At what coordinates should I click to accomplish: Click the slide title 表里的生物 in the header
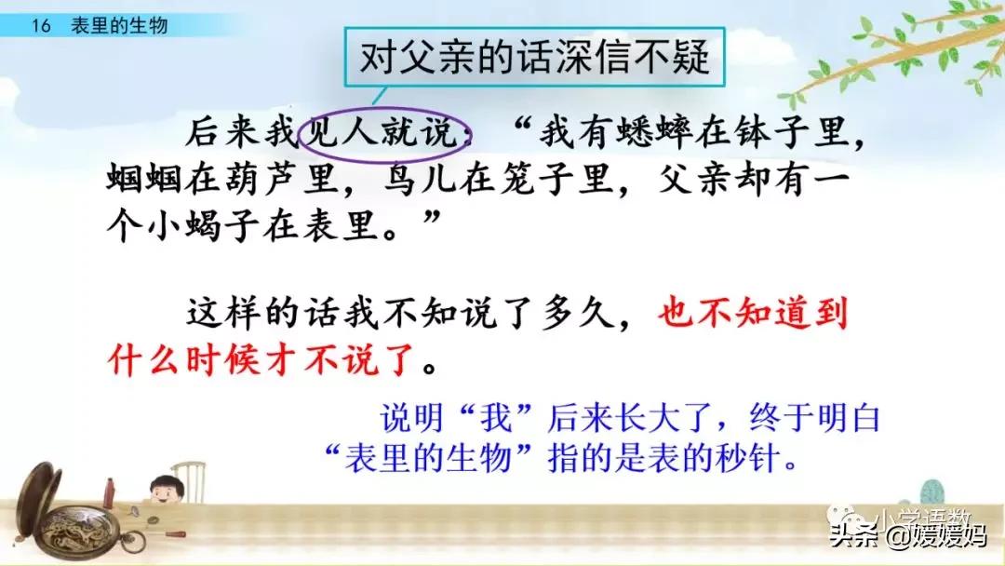point(119,26)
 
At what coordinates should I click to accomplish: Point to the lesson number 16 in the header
point(40,26)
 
